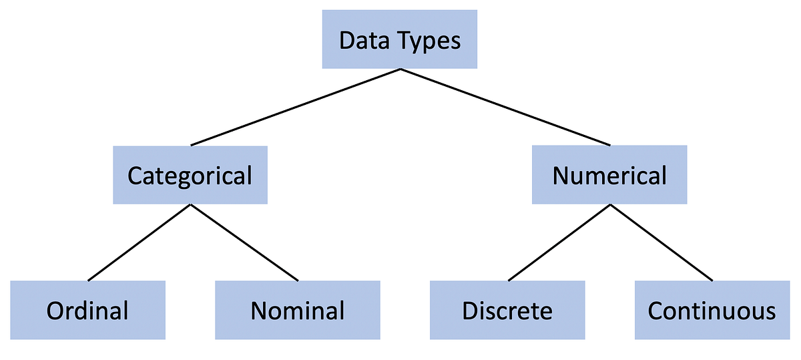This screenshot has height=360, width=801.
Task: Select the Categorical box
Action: pos(190,175)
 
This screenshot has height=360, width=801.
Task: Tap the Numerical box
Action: pos(609,175)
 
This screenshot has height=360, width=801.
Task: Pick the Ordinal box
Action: pos(87,310)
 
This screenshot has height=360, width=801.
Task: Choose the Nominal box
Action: pos(297,310)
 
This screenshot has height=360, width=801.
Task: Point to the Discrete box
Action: pos(507,310)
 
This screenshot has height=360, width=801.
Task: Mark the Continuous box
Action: pos(712,310)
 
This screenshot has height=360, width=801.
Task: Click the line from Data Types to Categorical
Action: pos(295,107)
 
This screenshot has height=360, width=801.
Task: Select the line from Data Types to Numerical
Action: pos(505,107)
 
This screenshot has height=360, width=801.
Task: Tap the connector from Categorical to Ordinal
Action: pos(139,242)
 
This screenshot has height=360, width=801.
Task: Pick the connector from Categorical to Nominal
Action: pos(244,242)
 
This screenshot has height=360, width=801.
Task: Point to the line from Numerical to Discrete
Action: pos(559,242)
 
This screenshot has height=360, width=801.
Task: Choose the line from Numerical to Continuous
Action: pos(661,242)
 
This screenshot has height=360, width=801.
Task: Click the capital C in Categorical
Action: pos(135,176)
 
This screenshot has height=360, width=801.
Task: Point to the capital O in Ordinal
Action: pos(54,311)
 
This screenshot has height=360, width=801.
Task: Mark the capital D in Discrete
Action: pos(469,311)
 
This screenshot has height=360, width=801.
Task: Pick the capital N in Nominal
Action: pos(258,311)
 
